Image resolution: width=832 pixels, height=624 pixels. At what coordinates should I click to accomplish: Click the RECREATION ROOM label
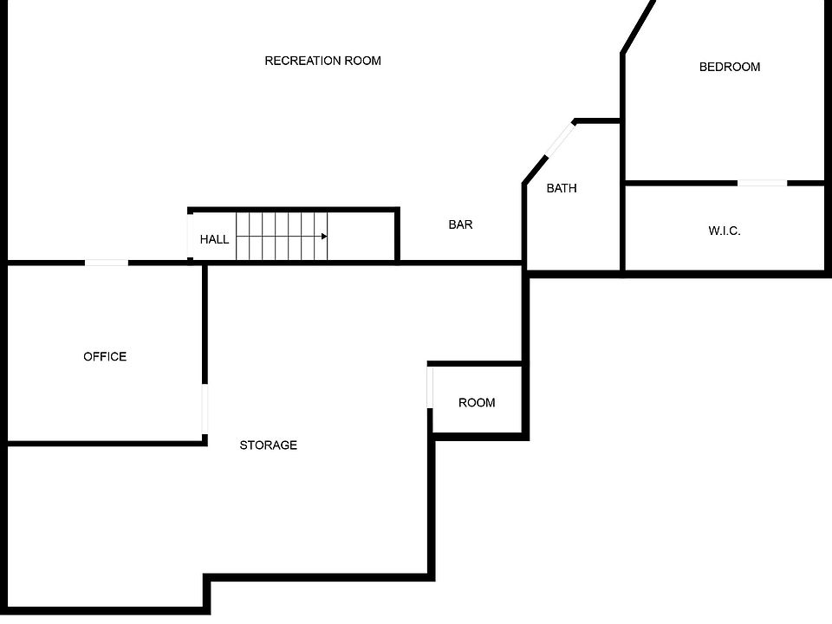click(x=322, y=61)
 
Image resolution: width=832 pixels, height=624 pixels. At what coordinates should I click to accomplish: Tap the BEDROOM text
click(x=730, y=67)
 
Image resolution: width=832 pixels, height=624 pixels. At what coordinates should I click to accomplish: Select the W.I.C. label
click(x=725, y=231)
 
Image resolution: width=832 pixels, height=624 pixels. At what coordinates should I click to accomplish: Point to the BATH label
click(x=562, y=188)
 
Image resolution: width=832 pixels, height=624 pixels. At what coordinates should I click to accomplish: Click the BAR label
click(x=460, y=225)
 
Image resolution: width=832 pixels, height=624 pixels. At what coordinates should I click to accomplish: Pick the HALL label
click(x=214, y=240)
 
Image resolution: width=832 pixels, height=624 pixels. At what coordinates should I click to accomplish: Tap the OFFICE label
click(x=105, y=356)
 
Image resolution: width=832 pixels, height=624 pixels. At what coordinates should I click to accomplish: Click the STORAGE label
click(x=268, y=445)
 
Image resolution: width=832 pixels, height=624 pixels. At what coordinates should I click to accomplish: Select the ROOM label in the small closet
click(x=477, y=403)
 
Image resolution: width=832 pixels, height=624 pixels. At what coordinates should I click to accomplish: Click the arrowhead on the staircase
click(x=324, y=236)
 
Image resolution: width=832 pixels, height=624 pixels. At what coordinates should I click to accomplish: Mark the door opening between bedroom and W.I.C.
click(x=762, y=183)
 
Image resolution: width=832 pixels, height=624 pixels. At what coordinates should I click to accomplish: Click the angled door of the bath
click(x=561, y=140)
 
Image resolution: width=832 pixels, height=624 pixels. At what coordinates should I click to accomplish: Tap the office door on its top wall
click(x=106, y=263)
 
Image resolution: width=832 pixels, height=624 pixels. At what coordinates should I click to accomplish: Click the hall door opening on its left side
click(x=190, y=236)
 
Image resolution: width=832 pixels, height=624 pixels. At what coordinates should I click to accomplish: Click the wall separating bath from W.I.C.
click(x=622, y=228)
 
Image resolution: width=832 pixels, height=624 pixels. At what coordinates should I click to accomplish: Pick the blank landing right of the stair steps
click(x=361, y=236)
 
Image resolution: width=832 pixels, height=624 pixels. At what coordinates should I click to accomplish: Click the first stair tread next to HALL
click(x=243, y=236)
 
